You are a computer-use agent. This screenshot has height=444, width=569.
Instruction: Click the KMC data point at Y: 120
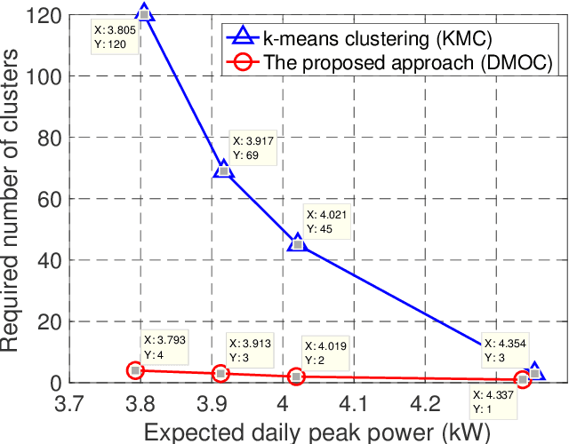(145, 14)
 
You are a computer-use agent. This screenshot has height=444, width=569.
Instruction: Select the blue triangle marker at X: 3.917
(223, 170)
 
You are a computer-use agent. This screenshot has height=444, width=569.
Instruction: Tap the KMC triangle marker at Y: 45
(298, 243)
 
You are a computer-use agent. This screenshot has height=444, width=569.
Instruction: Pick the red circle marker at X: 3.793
(135, 370)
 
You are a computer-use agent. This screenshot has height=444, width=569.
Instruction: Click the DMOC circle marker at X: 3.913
(220, 373)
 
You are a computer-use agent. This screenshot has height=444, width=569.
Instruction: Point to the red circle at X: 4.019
(296, 377)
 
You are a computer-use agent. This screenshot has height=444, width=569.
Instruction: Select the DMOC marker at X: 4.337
(523, 379)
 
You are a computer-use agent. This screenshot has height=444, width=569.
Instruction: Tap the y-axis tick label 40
(46, 260)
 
